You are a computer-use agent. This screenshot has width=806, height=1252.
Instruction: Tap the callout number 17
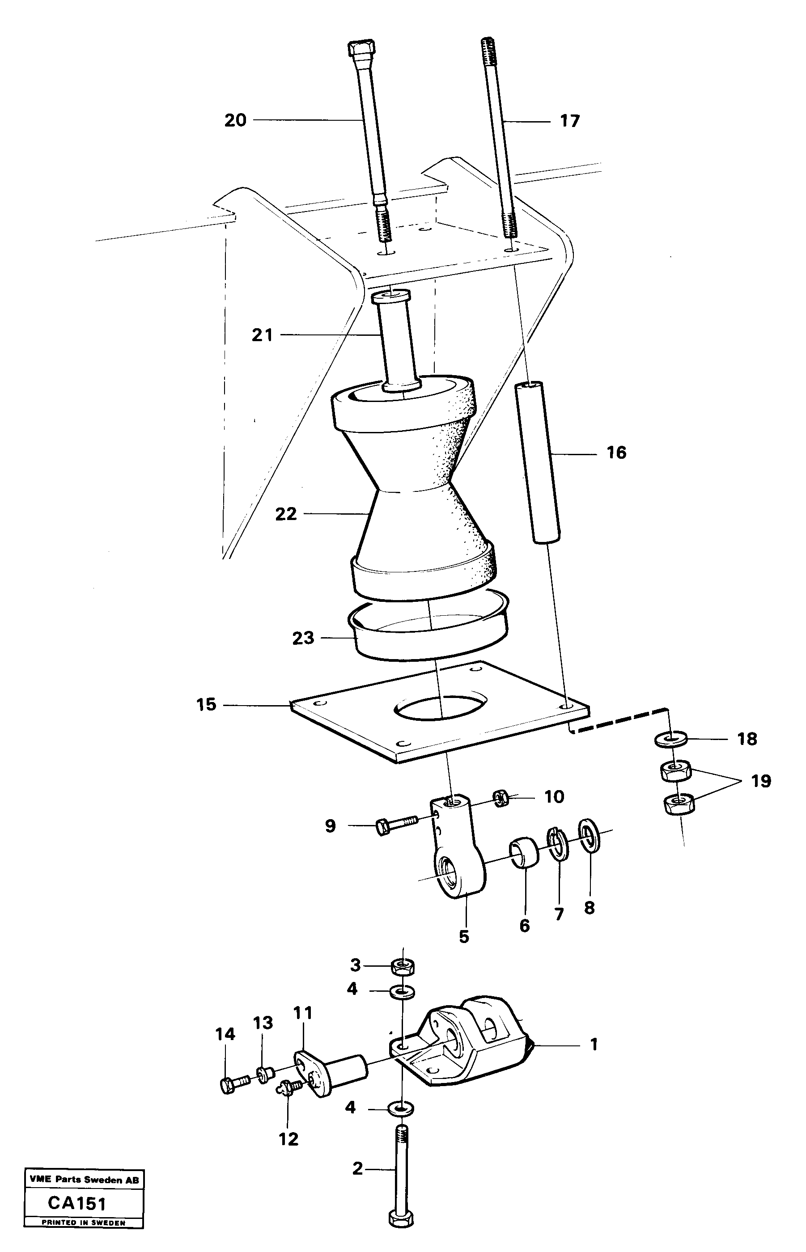pyautogui.click(x=570, y=121)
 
